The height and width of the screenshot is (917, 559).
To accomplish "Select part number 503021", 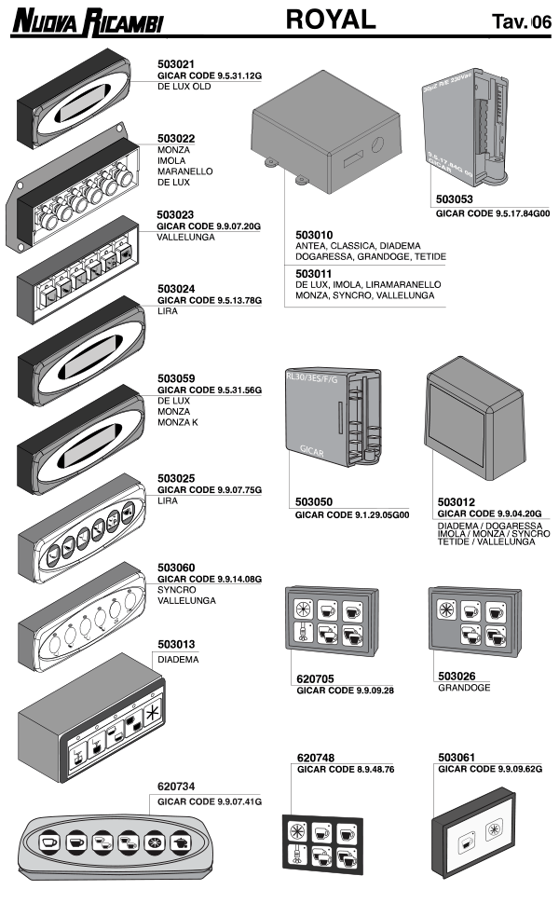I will (177, 63).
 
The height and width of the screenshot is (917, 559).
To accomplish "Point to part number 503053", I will (456, 199).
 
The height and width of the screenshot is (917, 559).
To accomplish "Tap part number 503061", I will (457, 758).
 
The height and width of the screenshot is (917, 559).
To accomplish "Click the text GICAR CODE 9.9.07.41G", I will (210, 801).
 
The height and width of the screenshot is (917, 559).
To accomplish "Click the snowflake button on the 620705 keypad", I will (305, 607).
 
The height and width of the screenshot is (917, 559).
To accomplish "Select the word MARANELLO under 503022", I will (185, 171).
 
